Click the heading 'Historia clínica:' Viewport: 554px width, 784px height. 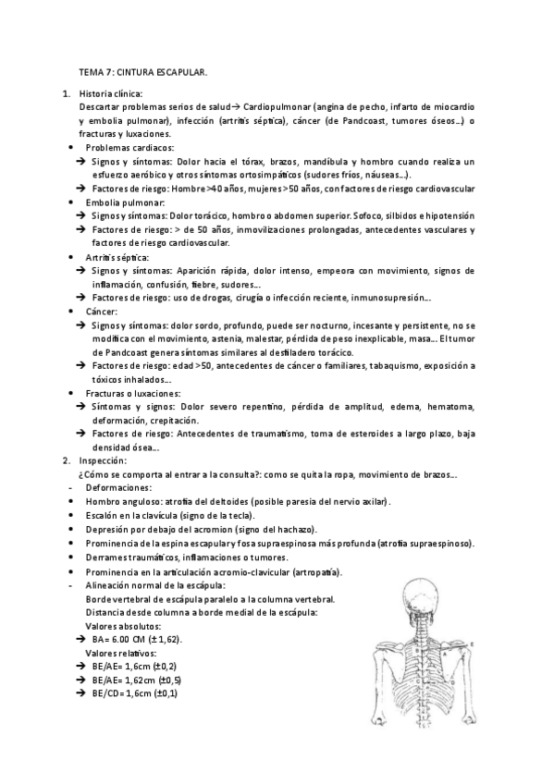click(111, 94)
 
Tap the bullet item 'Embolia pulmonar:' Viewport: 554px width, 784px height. click(125, 202)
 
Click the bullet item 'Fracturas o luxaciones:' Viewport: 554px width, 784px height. click(132, 393)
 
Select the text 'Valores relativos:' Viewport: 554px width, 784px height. click(120, 653)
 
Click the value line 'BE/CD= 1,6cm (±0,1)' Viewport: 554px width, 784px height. click(135, 693)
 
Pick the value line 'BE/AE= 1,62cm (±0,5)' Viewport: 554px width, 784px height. click(137, 680)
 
